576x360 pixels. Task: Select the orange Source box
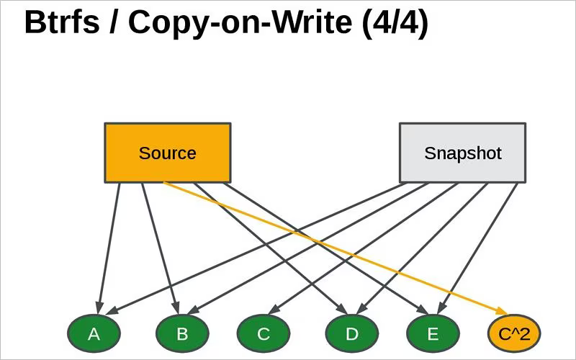click(x=167, y=153)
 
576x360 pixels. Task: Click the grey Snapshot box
click(x=462, y=153)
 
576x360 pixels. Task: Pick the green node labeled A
click(x=94, y=333)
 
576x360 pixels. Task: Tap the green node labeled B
click(x=182, y=333)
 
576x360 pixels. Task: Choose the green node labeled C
click(x=264, y=333)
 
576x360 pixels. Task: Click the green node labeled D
click(x=351, y=333)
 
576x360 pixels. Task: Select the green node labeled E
click(x=433, y=333)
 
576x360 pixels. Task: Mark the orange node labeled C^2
click(x=513, y=333)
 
